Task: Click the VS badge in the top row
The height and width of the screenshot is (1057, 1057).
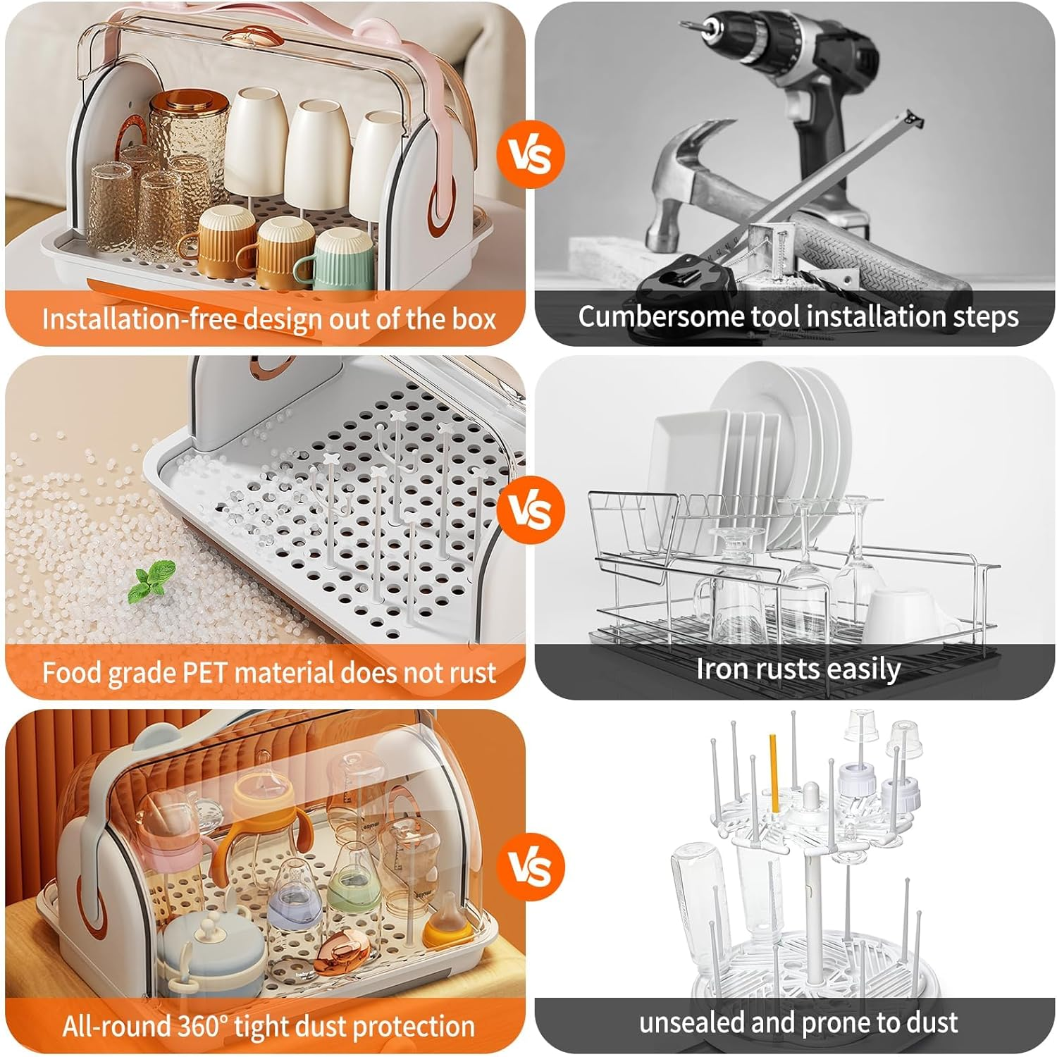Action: (530, 156)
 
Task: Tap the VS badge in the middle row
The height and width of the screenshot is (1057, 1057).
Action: (530, 510)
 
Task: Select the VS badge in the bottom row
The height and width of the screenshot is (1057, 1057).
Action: (530, 866)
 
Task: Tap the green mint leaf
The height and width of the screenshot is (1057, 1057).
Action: (152, 582)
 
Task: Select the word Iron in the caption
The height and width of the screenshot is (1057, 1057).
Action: (720, 668)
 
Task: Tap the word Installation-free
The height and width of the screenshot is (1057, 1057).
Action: (137, 319)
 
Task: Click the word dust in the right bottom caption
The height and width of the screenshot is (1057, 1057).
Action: (930, 1022)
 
